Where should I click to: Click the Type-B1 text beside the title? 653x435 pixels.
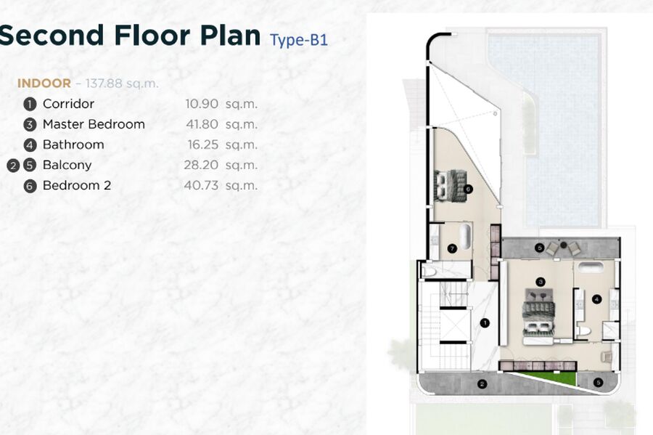[299, 40]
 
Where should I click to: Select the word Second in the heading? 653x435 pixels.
[52, 35]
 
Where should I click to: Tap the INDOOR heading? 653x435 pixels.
[44, 84]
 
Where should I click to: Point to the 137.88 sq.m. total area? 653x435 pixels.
[122, 84]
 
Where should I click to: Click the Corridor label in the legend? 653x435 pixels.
[68, 104]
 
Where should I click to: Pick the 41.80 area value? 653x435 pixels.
[202, 124]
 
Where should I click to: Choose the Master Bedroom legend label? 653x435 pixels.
[94, 124]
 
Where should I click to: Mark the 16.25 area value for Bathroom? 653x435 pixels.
[203, 145]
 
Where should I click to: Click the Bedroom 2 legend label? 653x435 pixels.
[77, 185]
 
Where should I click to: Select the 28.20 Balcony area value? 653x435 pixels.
[201, 165]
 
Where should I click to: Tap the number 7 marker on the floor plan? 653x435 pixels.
[452, 249]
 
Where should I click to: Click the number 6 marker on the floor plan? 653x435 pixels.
[468, 189]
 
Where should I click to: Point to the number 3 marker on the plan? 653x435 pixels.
[541, 282]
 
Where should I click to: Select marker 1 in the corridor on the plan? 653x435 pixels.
[485, 323]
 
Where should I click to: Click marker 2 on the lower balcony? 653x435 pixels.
[482, 384]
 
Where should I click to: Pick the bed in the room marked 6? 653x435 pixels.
[449, 186]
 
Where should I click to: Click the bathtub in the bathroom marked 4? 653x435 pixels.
[590, 267]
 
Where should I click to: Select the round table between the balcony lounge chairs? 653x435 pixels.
[564, 245]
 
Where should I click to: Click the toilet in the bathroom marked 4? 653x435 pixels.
[583, 331]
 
